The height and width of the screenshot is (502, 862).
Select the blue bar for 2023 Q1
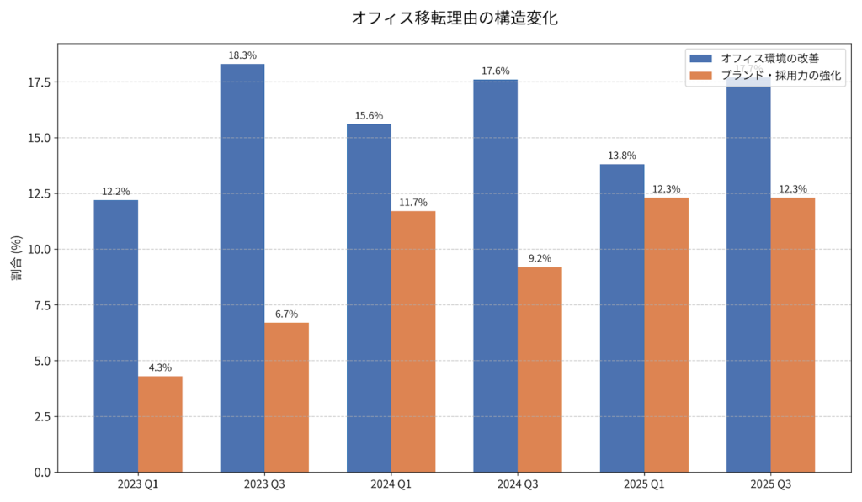point(116,336)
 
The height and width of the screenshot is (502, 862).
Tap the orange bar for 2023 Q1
point(160,424)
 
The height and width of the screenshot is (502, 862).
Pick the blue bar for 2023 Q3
point(242,268)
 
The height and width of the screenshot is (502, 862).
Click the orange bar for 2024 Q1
point(413,341)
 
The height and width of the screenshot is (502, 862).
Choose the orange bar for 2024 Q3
point(540,369)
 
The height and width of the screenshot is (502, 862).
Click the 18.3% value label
point(242,55)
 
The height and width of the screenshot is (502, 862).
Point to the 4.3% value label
point(160,367)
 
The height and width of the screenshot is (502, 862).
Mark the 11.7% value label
point(413,203)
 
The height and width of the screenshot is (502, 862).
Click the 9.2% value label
point(540,259)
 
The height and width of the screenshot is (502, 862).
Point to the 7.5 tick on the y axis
point(38,305)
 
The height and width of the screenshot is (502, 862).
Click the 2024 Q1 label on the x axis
point(391,484)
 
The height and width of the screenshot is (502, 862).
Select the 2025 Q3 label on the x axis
point(770,484)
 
